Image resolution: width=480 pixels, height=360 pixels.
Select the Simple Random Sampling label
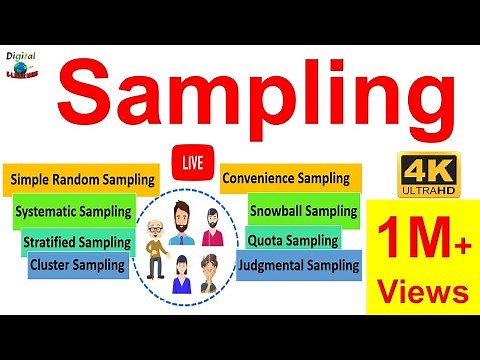tap(83, 180)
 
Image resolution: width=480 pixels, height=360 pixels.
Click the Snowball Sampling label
tap(303, 211)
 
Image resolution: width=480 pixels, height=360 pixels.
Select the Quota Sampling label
tap(293, 240)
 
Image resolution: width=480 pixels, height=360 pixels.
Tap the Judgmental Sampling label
tap(298, 265)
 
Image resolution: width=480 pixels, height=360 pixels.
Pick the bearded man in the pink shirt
tap(213, 227)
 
